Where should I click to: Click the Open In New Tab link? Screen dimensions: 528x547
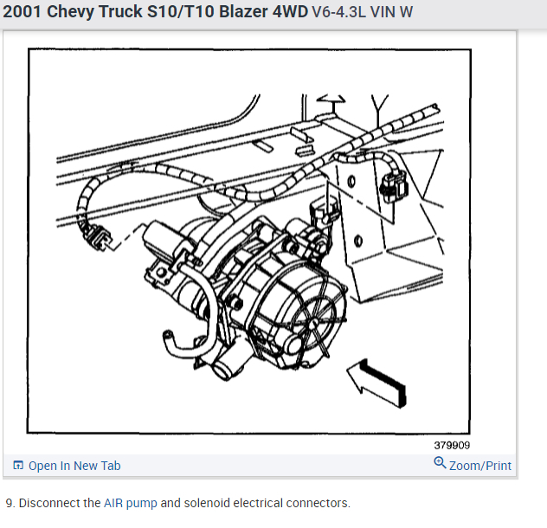click(x=74, y=466)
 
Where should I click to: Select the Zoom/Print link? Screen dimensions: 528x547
click(x=480, y=466)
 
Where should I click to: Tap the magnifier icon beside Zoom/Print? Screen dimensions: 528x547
click(x=441, y=464)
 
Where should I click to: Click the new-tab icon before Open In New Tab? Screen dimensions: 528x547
click(x=18, y=466)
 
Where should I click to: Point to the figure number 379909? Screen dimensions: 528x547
click(x=453, y=446)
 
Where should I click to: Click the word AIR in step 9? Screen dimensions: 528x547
click(x=113, y=503)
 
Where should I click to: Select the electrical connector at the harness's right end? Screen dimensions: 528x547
click(x=396, y=184)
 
